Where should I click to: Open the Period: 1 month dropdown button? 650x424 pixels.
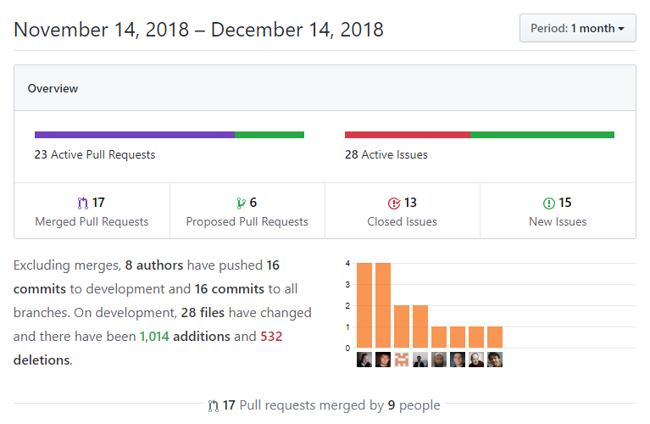pos(577,28)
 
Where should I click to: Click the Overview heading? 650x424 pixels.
pos(53,88)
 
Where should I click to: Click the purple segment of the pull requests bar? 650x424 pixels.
pos(134,135)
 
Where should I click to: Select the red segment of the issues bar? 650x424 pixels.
pos(407,135)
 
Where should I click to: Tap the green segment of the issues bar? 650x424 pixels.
pos(542,135)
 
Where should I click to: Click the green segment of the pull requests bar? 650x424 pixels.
pos(269,135)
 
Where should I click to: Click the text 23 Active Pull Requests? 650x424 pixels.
pos(95,154)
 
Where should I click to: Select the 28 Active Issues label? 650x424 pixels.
pos(386,154)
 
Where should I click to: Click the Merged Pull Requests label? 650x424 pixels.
pos(92,221)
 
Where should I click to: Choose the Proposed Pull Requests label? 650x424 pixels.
pos(247,221)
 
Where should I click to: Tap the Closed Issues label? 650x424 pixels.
pos(403,221)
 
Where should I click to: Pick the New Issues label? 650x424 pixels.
pos(558,221)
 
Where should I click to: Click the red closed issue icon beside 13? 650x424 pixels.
pos(393,203)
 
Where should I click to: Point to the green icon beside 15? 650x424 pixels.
pos(548,203)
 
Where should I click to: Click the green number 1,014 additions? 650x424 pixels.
pos(153,336)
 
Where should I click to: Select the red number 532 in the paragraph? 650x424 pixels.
pos(271,336)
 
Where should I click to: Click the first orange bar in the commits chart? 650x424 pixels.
pos(364,305)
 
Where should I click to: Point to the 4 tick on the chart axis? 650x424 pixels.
pos(347,263)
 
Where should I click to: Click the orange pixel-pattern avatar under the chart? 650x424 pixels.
pos(402,359)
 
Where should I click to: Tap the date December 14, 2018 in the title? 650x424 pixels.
pos(297,30)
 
